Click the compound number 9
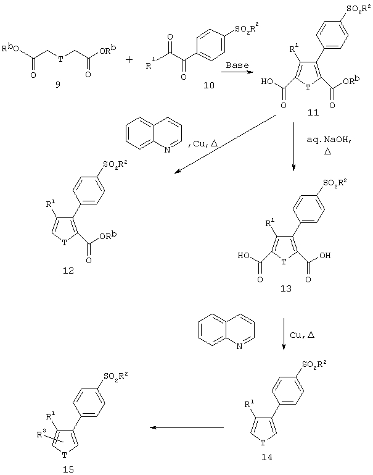[x=57, y=85]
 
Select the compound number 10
[x=208, y=85]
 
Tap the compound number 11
[x=313, y=112]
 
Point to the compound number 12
[x=68, y=270]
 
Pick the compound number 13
[x=286, y=288]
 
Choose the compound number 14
[x=266, y=457]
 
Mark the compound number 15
[x=68, y=469]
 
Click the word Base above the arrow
[x=237, y=65]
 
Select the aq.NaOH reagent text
[x=329, y=140]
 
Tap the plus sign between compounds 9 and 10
[x=129, y=60]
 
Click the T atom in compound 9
[x=61, y=59]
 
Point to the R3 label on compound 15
[x=41, y=434]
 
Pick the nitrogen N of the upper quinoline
[x=167, y=149]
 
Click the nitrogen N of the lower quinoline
[x=239, y=347]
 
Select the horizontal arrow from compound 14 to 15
[x=187, y=427]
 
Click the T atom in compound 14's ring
[x=263, y=443]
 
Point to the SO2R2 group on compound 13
[x=335, y=183]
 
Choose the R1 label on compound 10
[x=150, y=64]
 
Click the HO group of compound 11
[x=268, y=81]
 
